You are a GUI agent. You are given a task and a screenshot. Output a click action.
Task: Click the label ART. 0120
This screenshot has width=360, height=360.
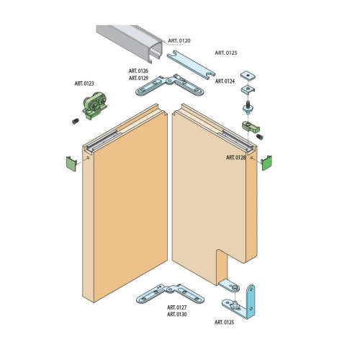(x=179, y=41)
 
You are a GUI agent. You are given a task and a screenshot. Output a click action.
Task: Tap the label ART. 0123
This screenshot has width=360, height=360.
(x=84, y=84)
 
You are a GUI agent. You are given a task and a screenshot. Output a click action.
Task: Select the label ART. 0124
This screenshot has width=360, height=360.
(x=225, y=81)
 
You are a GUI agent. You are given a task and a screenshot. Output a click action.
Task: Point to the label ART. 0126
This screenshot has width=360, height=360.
(x=138, y=71)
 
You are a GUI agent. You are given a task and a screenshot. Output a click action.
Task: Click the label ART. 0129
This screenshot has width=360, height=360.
(x=138, y=78)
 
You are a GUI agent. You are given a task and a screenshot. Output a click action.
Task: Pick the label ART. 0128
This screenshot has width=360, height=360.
(x=236, y=158)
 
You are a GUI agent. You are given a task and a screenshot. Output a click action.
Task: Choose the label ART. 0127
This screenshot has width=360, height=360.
(x=177, y=307)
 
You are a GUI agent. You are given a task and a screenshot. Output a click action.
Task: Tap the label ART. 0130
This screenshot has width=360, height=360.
(x=177, y=315)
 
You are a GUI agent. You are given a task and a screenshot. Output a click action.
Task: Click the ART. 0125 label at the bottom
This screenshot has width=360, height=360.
(x=224, y=323)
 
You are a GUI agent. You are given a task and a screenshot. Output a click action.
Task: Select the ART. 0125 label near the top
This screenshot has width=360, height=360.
(x=226, y=53)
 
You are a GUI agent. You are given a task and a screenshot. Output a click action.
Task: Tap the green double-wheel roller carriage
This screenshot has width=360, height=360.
(x=94, y=105)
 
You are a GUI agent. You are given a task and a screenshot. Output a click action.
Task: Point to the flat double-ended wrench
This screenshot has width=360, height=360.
(x=191, y=65)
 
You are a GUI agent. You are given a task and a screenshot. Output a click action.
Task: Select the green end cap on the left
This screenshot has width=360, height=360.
(x=71, y=163)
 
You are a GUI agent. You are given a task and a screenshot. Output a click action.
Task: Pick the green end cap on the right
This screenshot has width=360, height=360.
(x=266, y=163)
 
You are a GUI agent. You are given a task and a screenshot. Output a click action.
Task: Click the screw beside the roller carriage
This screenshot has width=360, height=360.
(x=76, y=121)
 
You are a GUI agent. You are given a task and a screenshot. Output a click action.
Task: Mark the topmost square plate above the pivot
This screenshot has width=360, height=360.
(x=248, y=76)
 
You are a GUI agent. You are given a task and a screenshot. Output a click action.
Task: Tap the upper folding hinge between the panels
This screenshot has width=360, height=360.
(x=170, y=85)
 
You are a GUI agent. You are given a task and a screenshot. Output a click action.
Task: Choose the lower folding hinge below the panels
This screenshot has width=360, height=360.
(x=171, y=294)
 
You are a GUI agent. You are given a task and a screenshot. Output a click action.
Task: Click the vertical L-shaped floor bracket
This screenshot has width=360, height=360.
(x=251, y=302)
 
